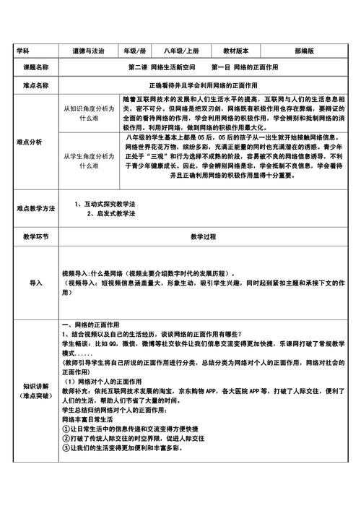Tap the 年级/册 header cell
pyautogui.click(x=135, y=51)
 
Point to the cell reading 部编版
pyautogui.click(x=304, y=51)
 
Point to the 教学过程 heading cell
pyautogui.click(x=203, y=236)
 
